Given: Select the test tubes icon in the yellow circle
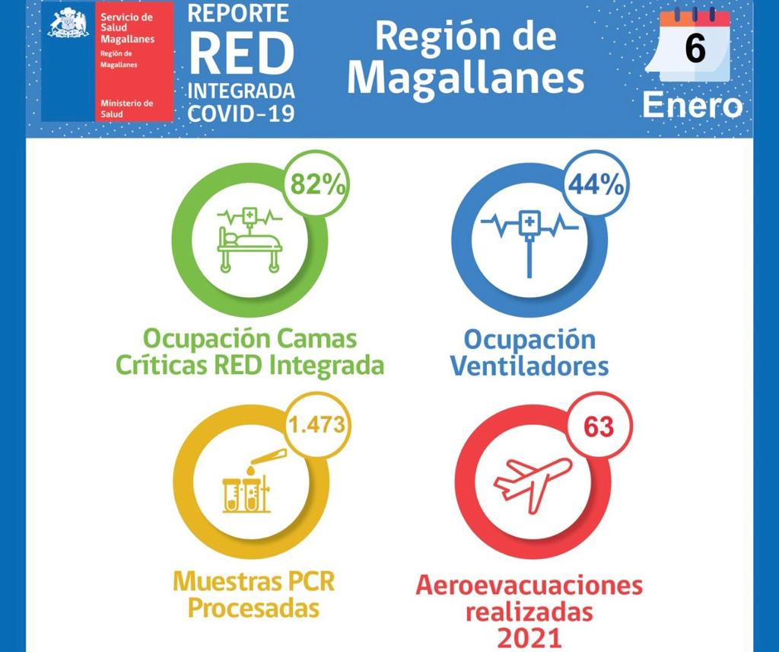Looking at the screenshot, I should point(247,480).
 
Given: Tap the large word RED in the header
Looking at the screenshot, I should point(241,53).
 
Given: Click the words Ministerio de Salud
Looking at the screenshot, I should point(126,108).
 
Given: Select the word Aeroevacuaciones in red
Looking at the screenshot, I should point(529,586).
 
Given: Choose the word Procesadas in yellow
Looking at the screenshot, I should point(253,609).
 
